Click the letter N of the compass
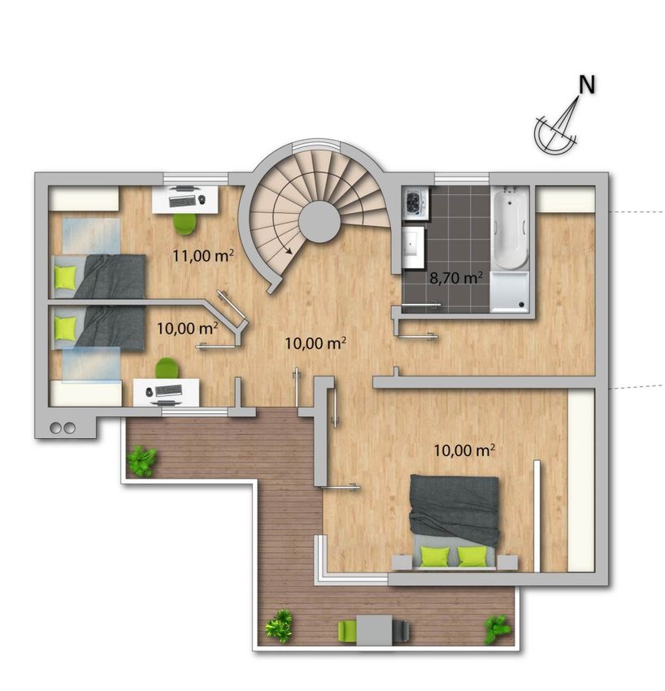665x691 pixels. click(587, 85)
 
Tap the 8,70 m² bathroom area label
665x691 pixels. click(456, 278)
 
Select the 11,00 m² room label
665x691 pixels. click(202, 255)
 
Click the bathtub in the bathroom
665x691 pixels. click(510, 228)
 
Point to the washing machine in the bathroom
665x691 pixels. click(415, 203)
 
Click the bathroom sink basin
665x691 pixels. click(413, 247)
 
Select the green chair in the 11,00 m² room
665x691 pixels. click(185, 224)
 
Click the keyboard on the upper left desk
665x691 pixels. click(182, 202)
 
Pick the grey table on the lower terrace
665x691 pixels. click(374, 630)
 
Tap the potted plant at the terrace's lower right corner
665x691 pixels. click(497, 629)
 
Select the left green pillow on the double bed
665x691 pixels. click(435, 556)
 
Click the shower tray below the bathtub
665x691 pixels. click(510, 292)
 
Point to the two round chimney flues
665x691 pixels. click(63, 428)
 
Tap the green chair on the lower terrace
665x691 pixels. click(348, 631)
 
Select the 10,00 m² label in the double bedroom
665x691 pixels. click(464, 450)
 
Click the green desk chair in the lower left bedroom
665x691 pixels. click(167, 368)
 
